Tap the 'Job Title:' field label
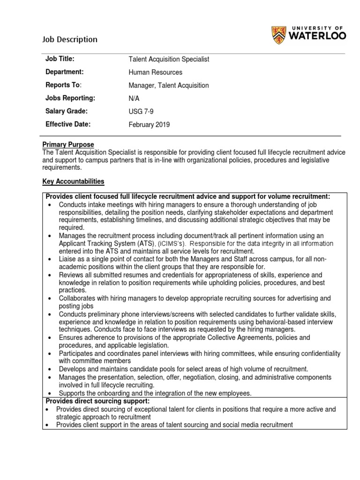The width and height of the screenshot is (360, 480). pyautogui.click(x=60, y=59)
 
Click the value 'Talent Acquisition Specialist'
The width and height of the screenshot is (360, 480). pyautogui.click(x=169, y=60)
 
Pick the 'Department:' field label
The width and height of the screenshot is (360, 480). pyautogui.click(x=64, y=72)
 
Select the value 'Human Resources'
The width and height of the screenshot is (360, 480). pyautogui.click(x=156, y=73)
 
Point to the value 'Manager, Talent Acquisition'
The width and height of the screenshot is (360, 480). pyautogui.click(x=169, y=86)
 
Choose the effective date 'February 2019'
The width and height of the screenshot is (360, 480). pyautogui.click(x=150, y=125)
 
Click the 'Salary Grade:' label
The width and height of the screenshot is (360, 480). pyautogui.click(x=67, y=111)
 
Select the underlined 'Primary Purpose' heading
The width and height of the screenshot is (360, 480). pyautogui.click(x=68, y=144)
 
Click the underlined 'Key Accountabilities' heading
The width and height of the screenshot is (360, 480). pyautogui.click(x=74, y=181)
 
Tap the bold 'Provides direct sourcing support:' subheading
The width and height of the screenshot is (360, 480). pyautogui.click(x=97, y=401)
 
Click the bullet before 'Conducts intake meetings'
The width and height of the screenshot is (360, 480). pyautogui.click(x=50, y=205)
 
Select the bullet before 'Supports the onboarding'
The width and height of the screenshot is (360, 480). pyautogui.click(x=50, y=393)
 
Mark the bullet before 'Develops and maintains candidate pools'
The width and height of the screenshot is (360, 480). pyautogui.click(x=50, y=369)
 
